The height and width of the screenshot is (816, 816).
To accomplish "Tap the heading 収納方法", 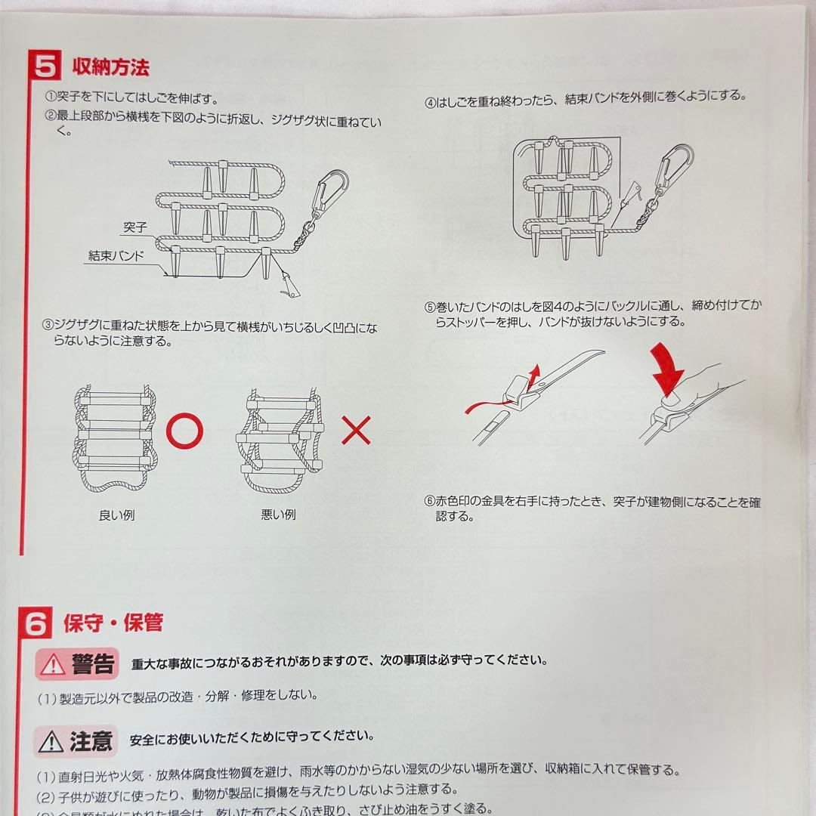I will pyautogui.click(x=110, y=67).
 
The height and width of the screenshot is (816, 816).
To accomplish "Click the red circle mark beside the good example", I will pyautogui.click(x=184, y=431).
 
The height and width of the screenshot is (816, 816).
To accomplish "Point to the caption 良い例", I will pyautogui.click(x=117, y=515).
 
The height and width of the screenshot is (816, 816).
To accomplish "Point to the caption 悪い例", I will pyautogui.click(x=278, y=515).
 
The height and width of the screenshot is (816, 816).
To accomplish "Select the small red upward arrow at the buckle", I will pyautogui.click(x=534, y=372).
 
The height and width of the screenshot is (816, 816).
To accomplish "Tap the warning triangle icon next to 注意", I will pyautogui.click(x=53, y=741).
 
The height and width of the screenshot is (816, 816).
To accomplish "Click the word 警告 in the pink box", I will pyautogui.click(x=94, y=663).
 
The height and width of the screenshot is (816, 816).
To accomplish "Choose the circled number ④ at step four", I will pyautogui.click(x=430, y=97).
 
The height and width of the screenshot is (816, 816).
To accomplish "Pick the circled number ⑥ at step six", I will pyautogui.click(x=430, y=502).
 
